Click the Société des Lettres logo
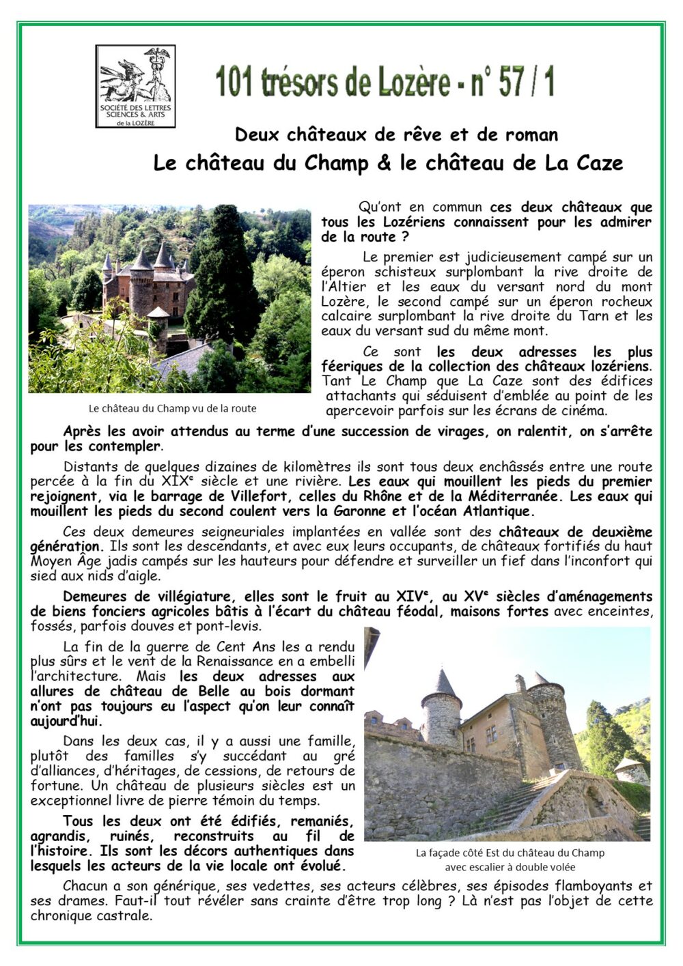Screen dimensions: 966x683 [x=135, y=86]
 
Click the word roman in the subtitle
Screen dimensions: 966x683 [x=531, y=134]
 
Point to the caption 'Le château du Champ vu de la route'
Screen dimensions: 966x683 [x=172, y=408]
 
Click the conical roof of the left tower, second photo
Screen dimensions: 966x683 [x=445, y=683]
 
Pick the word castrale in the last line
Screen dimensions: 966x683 [x=124, y=915]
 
